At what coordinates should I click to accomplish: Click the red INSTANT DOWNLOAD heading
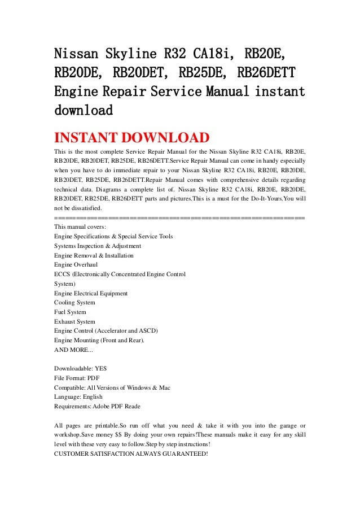click(x=131, y=138)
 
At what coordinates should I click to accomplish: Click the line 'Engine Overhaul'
click(x=76, y=264)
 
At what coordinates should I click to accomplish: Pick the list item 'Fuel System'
click(x=71, y=312)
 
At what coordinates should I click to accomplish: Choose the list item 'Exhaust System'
click(x=74, y=322)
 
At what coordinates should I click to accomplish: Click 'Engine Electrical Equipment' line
click(x=91, y=293)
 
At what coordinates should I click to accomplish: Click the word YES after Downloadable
click(x=101, y=368)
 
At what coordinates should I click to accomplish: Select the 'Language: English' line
click(x=78, y=397)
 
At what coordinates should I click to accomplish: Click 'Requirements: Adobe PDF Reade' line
click(x=97, y=407)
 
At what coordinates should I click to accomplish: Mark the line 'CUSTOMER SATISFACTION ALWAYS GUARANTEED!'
click(x=131, y=455)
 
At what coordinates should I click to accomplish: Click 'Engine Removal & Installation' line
click(x=94, y=255)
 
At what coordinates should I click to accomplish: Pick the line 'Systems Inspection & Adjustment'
click(x=98, y=245)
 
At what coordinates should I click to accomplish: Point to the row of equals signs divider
click(x=179, y=217)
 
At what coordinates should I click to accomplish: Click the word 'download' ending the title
click(x=83, y=110)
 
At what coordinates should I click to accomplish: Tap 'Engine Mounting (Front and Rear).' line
click(x=99, y=341)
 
